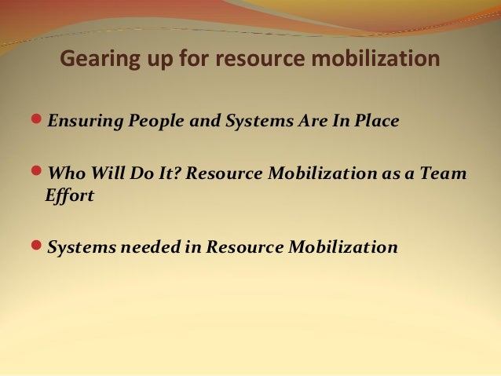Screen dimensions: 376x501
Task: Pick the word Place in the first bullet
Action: coord(377,122)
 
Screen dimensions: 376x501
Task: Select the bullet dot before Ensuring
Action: coord(40,122)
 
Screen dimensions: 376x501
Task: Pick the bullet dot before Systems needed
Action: coord(40,247)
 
